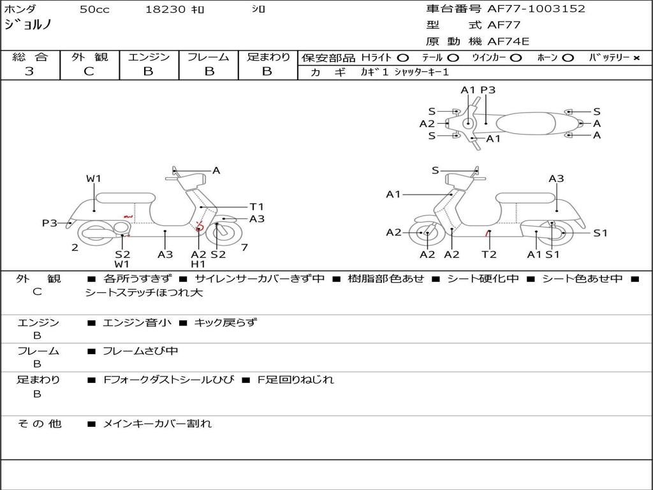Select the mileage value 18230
click(x=166, y=10)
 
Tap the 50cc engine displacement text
click(x=93, y=10)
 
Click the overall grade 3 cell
click(x=30, y=71)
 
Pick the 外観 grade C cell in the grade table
click(x=89, y=71)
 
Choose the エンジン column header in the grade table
click(x=149, y=57)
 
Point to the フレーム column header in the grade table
click(x=208, y=57)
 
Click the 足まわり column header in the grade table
click(x=268, y=57)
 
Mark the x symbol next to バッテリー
click(x=636, y=58)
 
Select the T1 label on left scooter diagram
click(x=256, y=207)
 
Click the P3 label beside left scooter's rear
click(x=50, y=223)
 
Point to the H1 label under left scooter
click(x=198, y=264)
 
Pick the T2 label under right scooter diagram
click(x=488, y=255)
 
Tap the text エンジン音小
click(x=137, y=323)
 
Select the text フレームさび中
click(x=141, y=351)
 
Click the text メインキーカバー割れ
click(x=158, y=424)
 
